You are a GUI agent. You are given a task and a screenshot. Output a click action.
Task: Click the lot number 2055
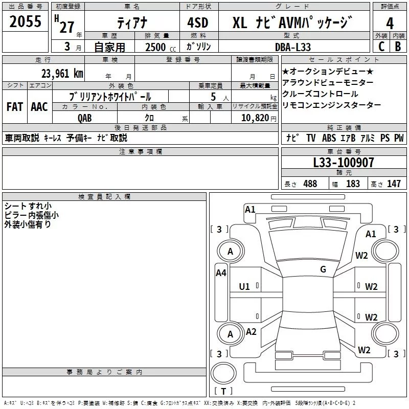pos(25,21)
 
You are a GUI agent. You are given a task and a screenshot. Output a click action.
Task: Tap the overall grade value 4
pos(390,23)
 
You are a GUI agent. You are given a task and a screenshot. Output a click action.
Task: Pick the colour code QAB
pos(85,118)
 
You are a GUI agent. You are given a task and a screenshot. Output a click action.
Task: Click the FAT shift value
pos(14,106)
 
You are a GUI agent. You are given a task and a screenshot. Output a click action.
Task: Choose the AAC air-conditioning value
pos(39,106)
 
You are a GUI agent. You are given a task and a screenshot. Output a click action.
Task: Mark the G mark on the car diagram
pos(323,269)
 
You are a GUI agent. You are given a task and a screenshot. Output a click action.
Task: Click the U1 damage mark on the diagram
pos(245,286)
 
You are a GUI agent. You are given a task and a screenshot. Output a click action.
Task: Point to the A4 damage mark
pos(221,273)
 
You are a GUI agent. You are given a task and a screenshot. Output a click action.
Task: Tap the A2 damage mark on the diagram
pos(251,331)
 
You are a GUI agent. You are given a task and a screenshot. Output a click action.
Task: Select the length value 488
pos(310,184)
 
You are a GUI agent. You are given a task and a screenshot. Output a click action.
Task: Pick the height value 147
pos(394,184)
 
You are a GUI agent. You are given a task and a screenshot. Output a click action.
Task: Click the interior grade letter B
pos(398,47)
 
